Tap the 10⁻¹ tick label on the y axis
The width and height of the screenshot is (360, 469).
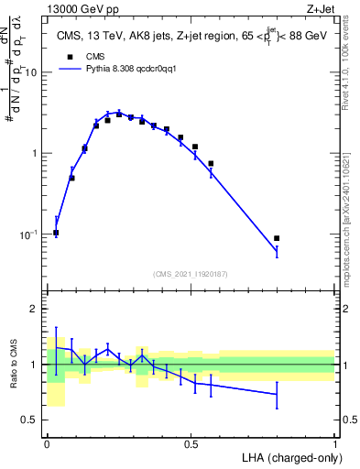pyautogui.click(x=28, y=234)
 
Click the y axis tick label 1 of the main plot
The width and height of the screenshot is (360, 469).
pyautogui.click(x=35, y=154)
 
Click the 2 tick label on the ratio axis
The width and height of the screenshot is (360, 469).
pyautogui.click(x=35, y=309)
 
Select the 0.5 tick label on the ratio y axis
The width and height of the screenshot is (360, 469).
pyautogui.click(x=29, y=420)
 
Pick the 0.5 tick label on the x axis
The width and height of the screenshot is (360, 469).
pyautogui.click(x=191, y=444)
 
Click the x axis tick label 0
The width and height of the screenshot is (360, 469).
pyautogui.click(x=47, y=444)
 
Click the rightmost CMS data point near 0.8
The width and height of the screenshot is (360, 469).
pyautogui.click(x=277, y=238)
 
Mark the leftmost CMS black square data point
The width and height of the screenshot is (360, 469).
pyautogui.click(x=56, y=233)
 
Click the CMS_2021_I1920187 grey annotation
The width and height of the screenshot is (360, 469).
pyautogui.click(x=191, y=273)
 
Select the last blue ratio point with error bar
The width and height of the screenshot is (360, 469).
pyautogui.click(x=277, y=395)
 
